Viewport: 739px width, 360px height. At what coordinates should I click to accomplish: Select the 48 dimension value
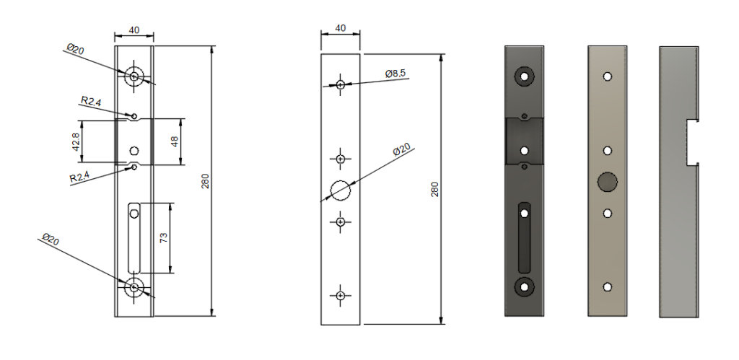[174, 141]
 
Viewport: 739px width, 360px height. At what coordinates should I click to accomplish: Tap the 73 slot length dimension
[164, 239]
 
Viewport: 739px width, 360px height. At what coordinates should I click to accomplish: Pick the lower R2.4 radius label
[80, 177]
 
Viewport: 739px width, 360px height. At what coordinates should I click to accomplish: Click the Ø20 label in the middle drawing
[401, 149]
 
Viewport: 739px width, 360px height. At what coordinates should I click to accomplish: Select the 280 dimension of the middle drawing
[434, 190]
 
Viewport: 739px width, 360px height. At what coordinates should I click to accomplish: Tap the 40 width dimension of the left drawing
[134, 31]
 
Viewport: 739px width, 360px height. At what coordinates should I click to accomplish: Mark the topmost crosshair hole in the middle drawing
[340, 84]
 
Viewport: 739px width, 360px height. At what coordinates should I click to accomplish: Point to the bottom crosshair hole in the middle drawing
[340, 294]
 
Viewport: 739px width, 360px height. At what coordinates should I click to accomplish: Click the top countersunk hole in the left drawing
[134, 76]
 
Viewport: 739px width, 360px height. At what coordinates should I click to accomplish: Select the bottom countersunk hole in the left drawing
[134, 287]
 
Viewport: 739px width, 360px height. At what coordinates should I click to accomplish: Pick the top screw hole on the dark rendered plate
[525, 75]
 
